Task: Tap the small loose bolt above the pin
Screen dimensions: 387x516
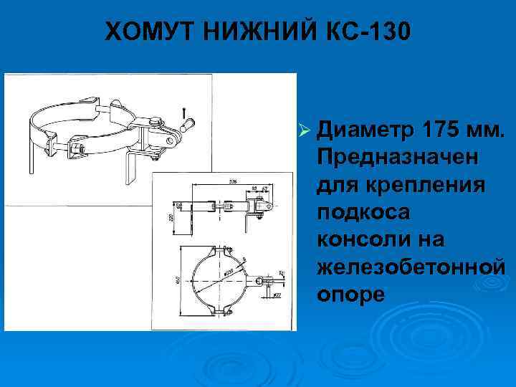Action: (185, 112)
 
